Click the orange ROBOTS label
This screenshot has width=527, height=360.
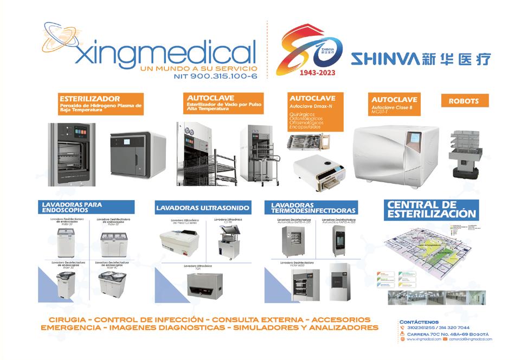460,100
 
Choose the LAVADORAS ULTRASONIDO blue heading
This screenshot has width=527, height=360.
202,208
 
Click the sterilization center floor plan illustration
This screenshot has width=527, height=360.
431,249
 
